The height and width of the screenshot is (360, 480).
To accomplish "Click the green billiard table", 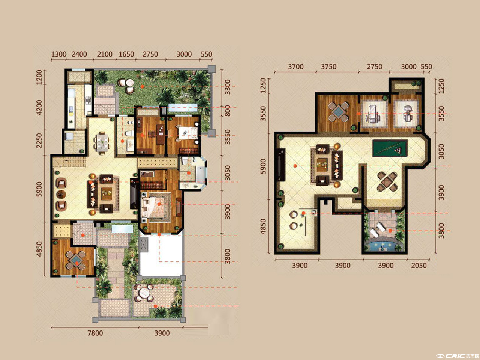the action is tap(390, 148).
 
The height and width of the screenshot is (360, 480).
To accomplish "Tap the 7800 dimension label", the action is tap(95, 333).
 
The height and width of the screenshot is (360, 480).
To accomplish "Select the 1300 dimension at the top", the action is tap(58, 54).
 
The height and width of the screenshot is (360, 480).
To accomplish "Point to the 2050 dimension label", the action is tap(419, 265).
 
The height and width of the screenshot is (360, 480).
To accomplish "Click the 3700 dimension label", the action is tap(295, 66).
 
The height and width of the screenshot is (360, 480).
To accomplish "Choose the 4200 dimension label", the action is tap(39, 107).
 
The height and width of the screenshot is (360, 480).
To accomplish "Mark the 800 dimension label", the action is tap(228, 111).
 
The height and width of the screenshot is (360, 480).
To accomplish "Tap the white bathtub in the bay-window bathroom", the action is tap(201, 174).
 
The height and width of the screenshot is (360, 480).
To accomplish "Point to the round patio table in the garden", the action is tap(144, 292).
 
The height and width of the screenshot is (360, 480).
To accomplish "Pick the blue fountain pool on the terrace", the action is tap(383, 246).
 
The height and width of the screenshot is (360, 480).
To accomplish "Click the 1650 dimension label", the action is tap(126, 54).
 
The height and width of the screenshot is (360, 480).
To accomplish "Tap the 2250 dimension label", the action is tap(39, 141).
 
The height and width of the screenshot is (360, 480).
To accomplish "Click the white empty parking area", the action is tap(161, 255).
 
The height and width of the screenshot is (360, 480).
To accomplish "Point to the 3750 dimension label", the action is tap(328, 66).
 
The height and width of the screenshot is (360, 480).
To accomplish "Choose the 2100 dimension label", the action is tap(105, 54).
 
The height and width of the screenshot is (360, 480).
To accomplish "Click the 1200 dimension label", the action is tap(39, 77).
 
